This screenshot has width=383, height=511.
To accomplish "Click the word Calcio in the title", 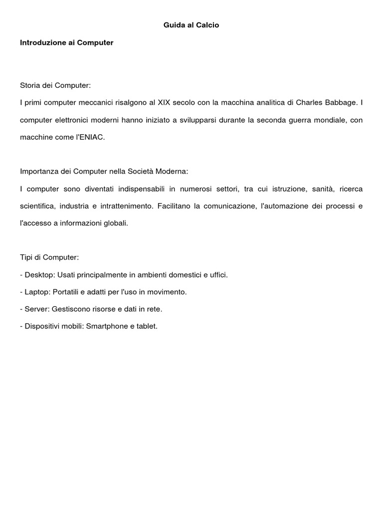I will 207,25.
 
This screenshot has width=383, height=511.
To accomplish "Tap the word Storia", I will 30,85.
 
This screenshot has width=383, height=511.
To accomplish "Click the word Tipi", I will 27,257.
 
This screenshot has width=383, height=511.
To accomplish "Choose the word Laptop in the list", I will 37,292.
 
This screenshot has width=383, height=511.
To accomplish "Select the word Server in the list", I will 36,309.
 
